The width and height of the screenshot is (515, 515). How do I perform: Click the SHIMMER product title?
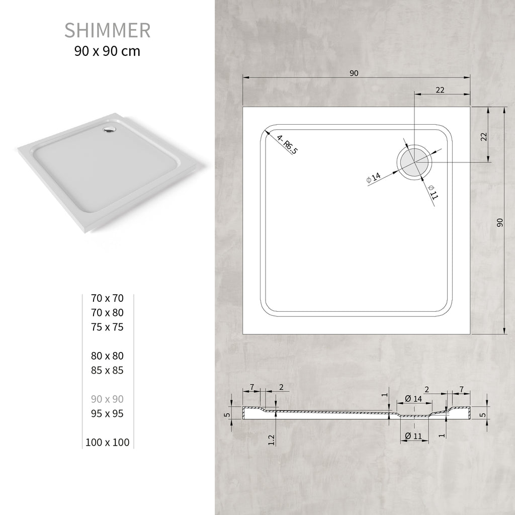coord(107,30)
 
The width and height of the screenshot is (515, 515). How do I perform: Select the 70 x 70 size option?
coord(107,298)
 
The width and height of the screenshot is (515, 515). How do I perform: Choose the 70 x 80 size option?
coord(107,312)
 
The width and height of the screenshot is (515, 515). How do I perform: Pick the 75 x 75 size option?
coord(107,327)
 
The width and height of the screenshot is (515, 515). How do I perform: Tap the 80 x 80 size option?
coord(107,356)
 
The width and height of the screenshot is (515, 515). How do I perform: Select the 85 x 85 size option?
coord(107,370)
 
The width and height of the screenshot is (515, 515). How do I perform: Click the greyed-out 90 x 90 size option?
coord(107,399)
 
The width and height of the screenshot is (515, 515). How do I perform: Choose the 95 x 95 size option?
coord(107,413)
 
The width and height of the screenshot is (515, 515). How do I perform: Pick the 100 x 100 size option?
coord(107,443)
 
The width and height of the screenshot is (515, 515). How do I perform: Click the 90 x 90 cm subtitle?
coord(107,51)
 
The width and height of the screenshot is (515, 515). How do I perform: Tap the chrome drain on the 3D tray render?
coord(109,130)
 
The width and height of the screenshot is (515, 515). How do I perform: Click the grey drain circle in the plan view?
coord(413,162)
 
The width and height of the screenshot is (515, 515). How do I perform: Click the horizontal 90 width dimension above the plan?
coord(354,73)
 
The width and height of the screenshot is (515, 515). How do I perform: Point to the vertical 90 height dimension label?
coord(500,222)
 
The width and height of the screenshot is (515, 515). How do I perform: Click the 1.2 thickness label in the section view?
coord(272,439)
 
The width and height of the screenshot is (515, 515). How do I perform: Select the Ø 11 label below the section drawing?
coord(413,436)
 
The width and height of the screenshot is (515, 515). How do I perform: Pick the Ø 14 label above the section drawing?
coord(413,399)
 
